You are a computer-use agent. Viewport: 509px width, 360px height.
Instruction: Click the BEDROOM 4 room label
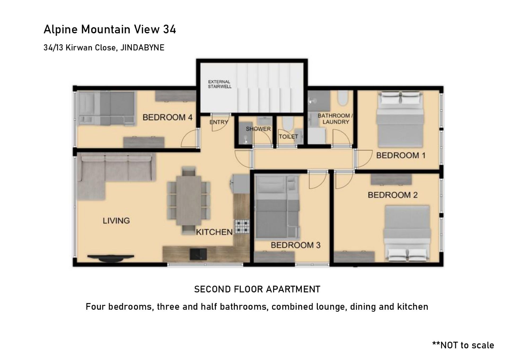[168, 117]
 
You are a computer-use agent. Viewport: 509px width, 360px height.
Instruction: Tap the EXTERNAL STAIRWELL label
[220, 84]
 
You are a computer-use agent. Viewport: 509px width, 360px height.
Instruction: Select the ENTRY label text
[219, 122]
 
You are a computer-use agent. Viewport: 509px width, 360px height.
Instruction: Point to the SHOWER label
[258, 129]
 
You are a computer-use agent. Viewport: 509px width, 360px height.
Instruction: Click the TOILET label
[288, 137]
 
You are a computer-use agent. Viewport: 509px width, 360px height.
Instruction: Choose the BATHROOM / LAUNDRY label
[335, 119]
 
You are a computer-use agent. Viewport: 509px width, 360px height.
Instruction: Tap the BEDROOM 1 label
[401, 155]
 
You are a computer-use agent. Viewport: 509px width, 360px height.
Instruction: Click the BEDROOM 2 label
[393, 195]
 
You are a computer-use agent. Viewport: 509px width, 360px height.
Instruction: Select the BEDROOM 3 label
[296, 245]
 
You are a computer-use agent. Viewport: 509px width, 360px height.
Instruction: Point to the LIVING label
[116, 221]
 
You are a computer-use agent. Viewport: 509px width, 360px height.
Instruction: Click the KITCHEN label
[214, 232]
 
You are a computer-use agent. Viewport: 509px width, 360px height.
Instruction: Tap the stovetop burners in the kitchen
[242, 227]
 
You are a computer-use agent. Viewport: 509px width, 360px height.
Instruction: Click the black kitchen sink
[198, 254]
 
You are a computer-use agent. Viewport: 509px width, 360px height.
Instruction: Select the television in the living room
[111, 257]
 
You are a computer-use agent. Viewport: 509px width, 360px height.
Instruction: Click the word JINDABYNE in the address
[142, 48]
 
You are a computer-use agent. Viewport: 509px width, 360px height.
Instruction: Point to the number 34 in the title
[169, 29]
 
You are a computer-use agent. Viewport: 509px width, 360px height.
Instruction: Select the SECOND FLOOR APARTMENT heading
[257, 289]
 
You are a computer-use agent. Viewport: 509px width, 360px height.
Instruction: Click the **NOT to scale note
[463, 345]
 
